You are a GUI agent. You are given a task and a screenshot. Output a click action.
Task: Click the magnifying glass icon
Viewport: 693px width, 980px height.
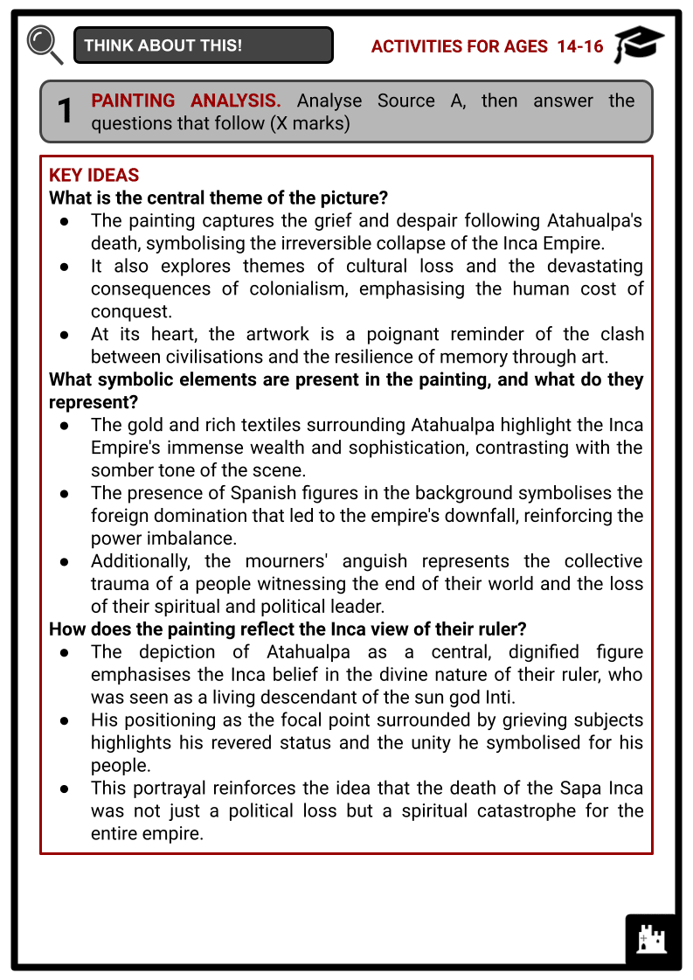pyautogui.click(x=44, y=45)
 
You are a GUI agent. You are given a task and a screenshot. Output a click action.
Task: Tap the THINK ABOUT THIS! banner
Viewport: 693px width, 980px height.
pyautogui.click(x=203, y=45)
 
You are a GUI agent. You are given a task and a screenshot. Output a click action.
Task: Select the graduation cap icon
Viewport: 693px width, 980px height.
pyautogui.click(x=639, y=45)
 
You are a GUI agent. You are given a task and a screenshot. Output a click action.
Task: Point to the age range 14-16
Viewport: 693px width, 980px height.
pyautogui.click(x=580, y=46)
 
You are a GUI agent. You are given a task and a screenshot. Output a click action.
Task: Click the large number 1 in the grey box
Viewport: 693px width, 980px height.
pyautogui.click(x=66, y=112)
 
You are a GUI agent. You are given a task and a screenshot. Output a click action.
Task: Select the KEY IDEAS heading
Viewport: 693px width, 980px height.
pyautogui.click(x=94, y=175)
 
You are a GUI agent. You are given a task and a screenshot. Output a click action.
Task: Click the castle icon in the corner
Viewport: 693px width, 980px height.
pyautogui.click(x=651, y=940)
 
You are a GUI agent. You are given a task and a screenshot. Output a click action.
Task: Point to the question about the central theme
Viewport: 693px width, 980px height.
pyautogui.click(x=218, y=198)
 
